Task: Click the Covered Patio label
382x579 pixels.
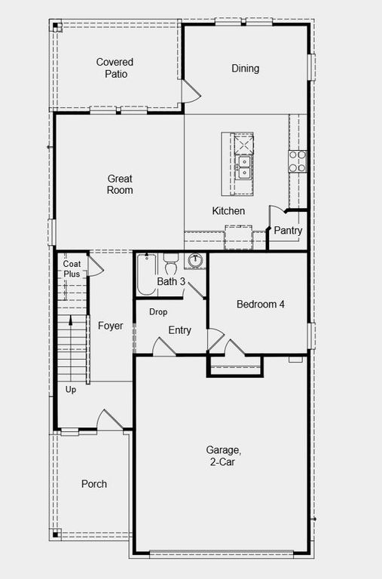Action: tap(115, 68)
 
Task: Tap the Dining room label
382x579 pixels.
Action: tap(245, 69)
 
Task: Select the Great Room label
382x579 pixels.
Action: tap(120, 185)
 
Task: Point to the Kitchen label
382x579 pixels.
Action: tap(228, 211)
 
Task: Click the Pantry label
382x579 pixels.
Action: tap(288, 231)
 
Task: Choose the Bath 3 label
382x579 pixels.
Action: tap(171, 281)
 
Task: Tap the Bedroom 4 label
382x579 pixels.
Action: tap(261, 305)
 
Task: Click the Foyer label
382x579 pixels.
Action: tap(110, 326)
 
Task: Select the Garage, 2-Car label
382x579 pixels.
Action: tap(223, 456)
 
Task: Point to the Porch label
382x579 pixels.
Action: tap(94, 484)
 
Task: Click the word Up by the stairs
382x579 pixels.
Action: tap(71, 390)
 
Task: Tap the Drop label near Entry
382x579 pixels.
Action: tap(158, 311)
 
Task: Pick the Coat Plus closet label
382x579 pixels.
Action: tap(72, 269)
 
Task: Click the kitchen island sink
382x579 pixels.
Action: tap(243, 167)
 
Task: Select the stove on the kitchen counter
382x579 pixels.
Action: tap(298, 159)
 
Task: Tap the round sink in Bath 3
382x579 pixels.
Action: tap(196, 261)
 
